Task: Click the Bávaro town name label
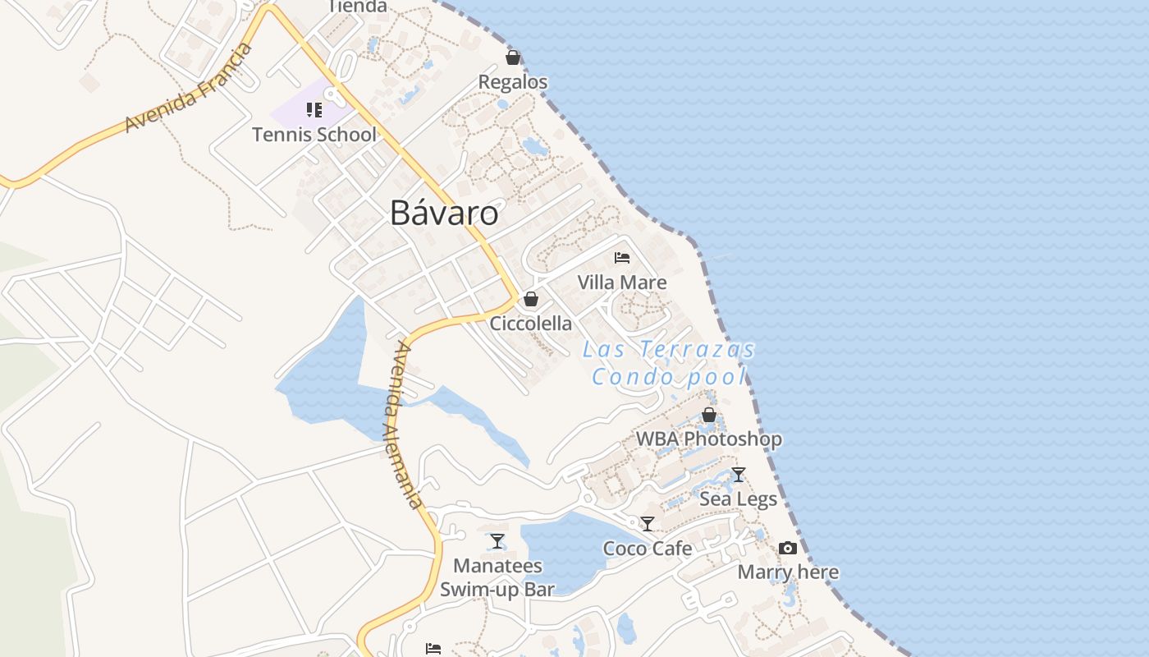click(444, 213)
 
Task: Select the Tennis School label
click(314, 135)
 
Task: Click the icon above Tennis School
click(314, 109)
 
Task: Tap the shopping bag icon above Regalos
click(513, 57)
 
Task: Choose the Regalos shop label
click(513, 82)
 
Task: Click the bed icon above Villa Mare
click(622, 258)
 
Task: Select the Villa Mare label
click(622, 283)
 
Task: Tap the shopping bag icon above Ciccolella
click(531, 299)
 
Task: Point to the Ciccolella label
click(531, 324)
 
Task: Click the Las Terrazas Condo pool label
click(669, 363)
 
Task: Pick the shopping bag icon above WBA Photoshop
click(709, 416)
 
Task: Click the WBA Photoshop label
click(709, 439)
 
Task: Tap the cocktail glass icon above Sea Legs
click(739, 475)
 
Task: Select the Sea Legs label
click(739, 498)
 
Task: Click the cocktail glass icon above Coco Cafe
click(648, 524)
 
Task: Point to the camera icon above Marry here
click(788, 548)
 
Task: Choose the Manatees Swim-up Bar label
click(497, 577)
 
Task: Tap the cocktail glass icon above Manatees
click(497, 541)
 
